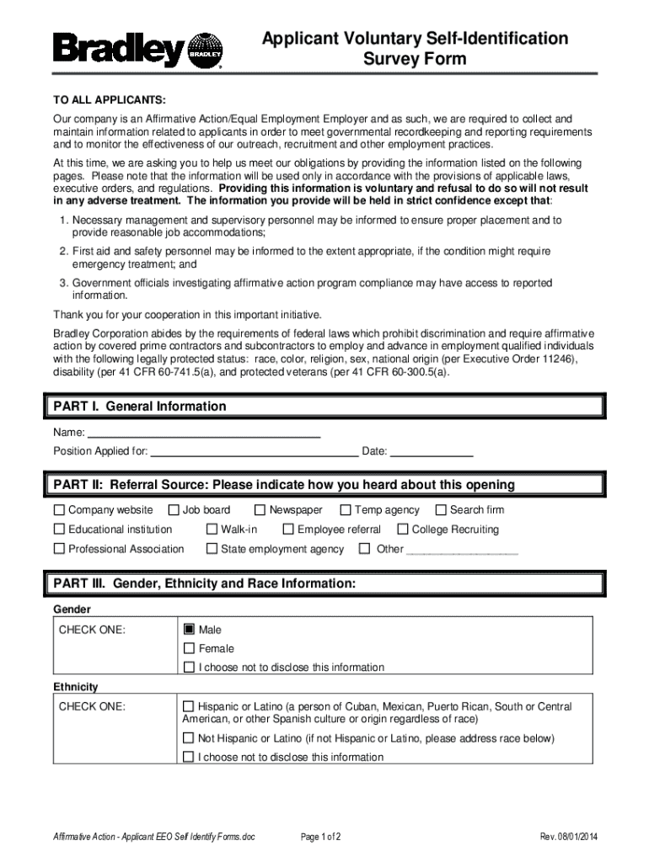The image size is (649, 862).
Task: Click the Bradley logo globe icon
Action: [x=204, y=50]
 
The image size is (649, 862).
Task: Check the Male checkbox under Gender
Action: [x=189, y=629]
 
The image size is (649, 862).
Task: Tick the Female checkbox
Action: [x=189, y=648]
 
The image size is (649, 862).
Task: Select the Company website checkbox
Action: [x=59, y=510]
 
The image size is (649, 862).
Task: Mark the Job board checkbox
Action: [x=174, y=510]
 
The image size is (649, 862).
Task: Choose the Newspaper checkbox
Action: [x=260, y=510]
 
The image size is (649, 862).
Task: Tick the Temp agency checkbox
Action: [x=346, y=510]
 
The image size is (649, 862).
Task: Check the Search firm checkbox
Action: [x=440, y=510]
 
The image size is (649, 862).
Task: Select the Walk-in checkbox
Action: [x=212, y=529]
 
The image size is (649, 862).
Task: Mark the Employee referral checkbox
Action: [x=288, y=529]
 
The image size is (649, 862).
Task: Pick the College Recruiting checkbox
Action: [x=402, y=529]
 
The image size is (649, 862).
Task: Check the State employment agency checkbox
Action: [x=212, y=549]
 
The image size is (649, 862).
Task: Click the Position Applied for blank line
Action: [x=253, y=454]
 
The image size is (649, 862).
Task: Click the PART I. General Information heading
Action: [x=140, y=407]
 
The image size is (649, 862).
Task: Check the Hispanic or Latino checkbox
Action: [x=189, y=706]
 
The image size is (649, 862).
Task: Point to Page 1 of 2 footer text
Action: [x=320, y=836]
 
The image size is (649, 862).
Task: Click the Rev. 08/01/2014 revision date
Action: [x=569, y=836]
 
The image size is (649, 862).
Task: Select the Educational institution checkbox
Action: [x=59, y=529]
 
